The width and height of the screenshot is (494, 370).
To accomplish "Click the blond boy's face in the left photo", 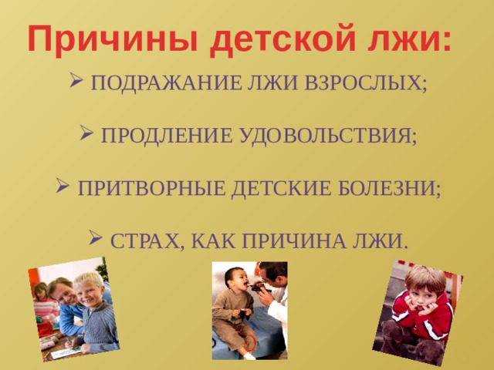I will pos(90,291).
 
